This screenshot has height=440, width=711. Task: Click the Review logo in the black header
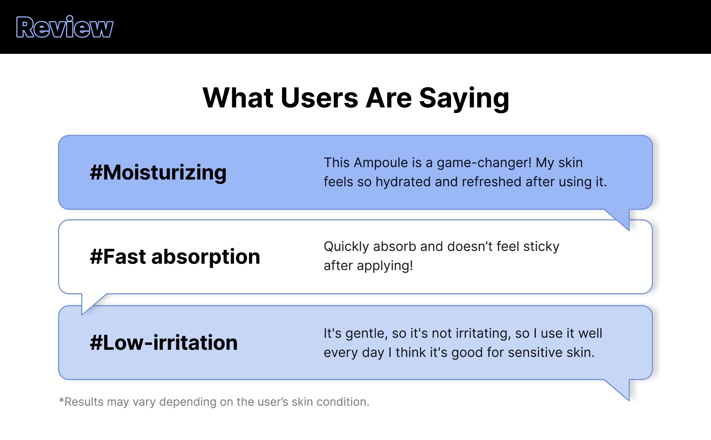(x=65, y=27)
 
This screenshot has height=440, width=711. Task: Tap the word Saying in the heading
(x=464, y=99)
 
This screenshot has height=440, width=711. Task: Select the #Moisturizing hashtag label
(x=158, y=173)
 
